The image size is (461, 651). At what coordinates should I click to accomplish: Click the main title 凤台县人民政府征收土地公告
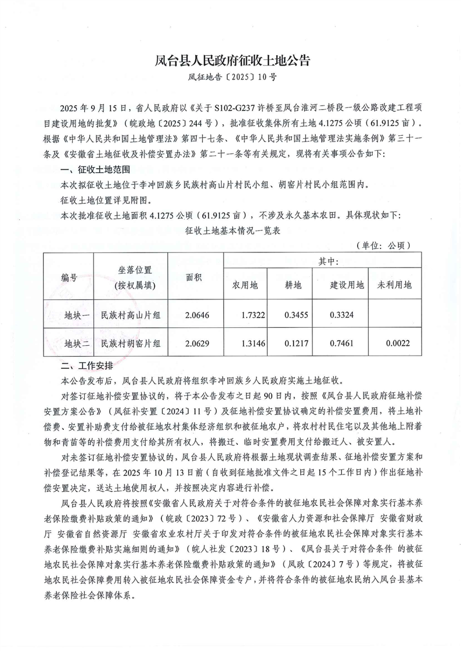coord(230,60)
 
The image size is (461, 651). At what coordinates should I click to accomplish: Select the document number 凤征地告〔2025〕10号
coord(230,77)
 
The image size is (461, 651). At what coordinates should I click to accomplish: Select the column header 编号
coord(70,277)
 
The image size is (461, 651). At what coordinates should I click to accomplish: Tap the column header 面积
coord(194,277)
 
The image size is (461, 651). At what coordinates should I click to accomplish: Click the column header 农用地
coord(249,285)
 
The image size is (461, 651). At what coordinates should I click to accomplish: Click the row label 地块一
coord(77,314)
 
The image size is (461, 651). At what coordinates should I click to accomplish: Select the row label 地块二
coord(77,343)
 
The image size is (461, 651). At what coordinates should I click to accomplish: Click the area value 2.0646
coord(195,314)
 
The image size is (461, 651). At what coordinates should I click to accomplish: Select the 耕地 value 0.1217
coord(297,343)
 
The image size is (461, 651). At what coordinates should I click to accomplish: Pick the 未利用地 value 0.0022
coord(398,343)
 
